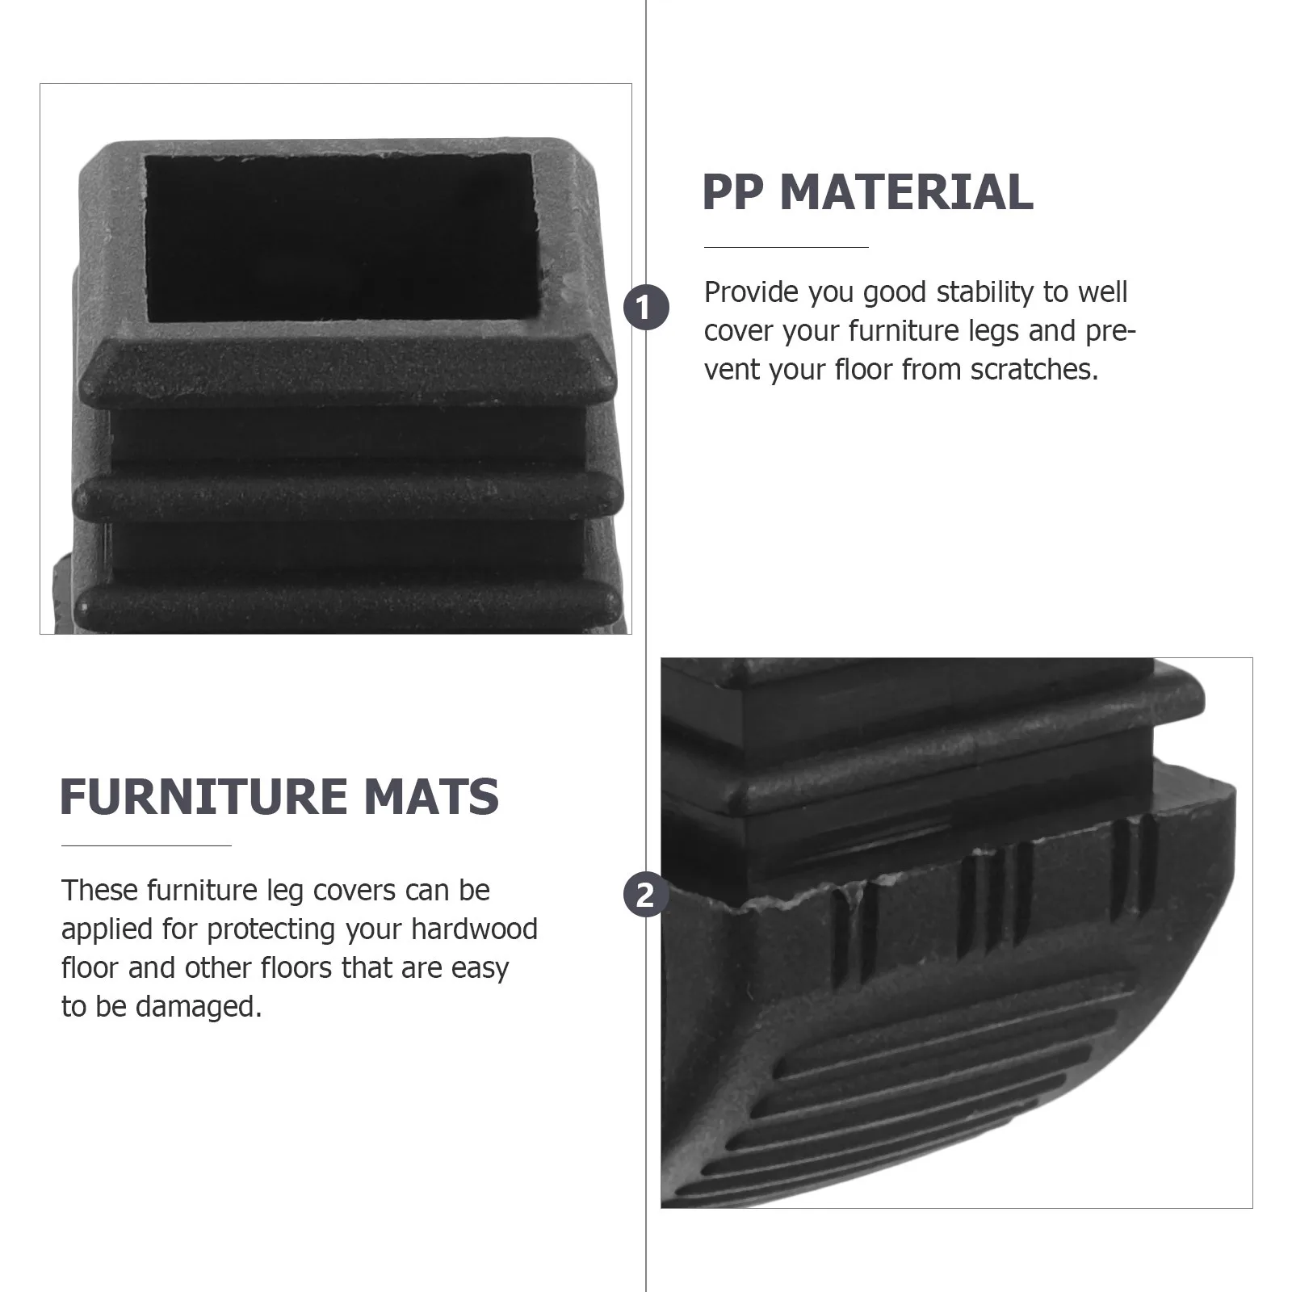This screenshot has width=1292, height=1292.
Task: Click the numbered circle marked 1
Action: (x=646, y=308)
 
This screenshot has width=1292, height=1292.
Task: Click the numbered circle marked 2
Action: (x=646, y=896)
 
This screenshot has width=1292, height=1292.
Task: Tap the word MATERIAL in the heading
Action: (x=906, y=192)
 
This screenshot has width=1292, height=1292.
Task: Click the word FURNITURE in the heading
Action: (x=203, y=797)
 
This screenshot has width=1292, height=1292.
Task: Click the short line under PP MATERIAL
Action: (x=786, y=247)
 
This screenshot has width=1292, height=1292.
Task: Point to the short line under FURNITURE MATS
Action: (x=146, y=845)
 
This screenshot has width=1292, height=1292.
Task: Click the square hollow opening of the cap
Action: (x=341, y=237)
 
